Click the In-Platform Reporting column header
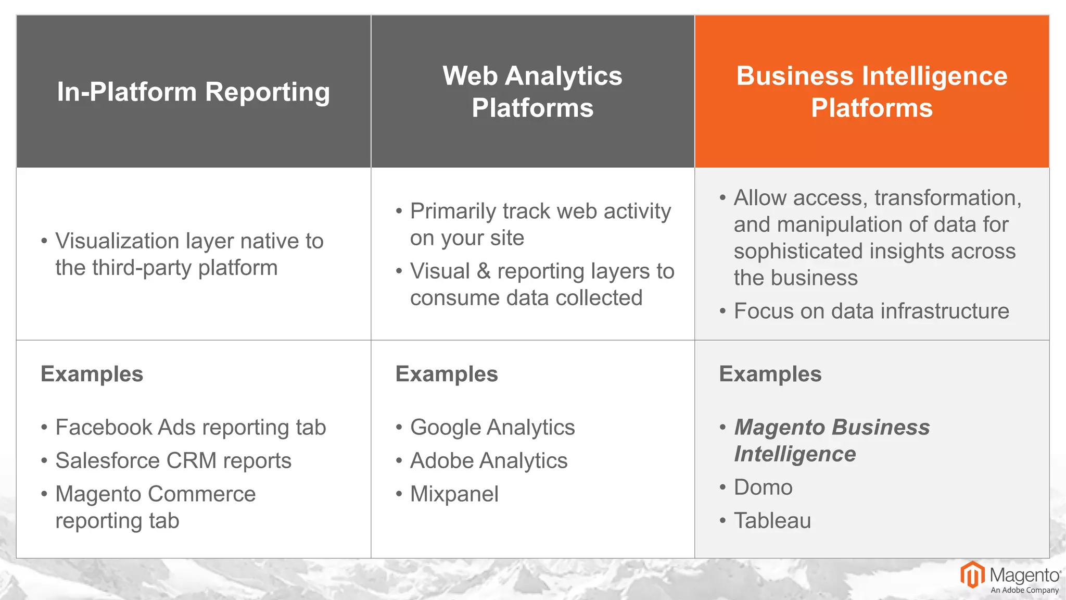tap(193, 92)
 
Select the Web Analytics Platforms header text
tap(532, 92)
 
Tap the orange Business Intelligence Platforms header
tap(872, 92)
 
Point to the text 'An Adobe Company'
tap(1024, 591)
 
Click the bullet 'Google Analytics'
tap(492, 428)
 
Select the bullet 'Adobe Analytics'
tap(488, 461)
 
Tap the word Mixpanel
tap(454, 494)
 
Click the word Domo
tap(763, 488)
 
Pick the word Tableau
tap(772, 521)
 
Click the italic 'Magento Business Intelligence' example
tap(831, 441)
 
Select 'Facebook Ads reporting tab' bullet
tap(191, 428)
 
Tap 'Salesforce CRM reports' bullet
tap(173, 461)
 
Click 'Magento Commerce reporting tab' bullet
tap(155, 507)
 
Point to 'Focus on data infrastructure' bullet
tap(871, 311)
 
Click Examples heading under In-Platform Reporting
tap(92, 374)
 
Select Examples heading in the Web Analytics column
tap(447, 374)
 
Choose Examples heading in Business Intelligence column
tap(770, 374)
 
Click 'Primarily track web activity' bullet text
tap(540, 212)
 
